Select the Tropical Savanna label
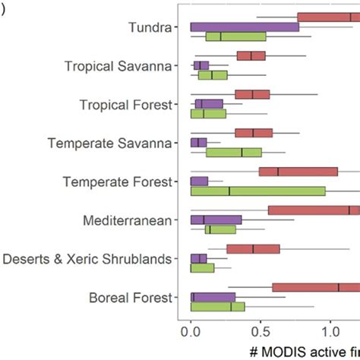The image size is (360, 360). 123,66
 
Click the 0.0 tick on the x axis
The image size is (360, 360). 191,331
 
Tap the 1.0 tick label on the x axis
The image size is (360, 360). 330,331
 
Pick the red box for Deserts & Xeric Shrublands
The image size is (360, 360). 253,248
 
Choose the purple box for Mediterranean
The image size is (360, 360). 216,219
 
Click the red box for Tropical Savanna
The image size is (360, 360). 251,55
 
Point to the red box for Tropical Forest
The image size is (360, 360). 252,94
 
